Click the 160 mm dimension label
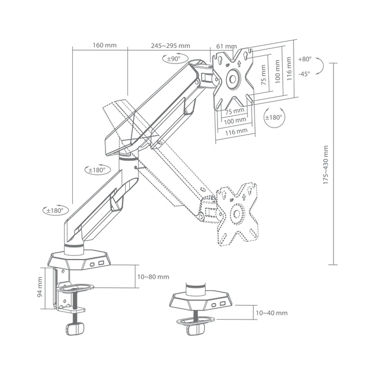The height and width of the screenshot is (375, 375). [104, 45]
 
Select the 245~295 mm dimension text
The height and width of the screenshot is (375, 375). [171, 46]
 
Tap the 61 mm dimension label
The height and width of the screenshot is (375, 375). [226, 46]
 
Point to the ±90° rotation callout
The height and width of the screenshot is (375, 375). [175, 58]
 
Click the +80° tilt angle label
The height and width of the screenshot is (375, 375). [305, 59]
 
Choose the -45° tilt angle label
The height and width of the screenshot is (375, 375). [304, 74]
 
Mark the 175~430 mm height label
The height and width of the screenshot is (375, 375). [325, 164]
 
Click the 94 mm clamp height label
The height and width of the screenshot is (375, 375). [40, 287]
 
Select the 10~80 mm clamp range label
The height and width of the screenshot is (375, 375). [153, 277]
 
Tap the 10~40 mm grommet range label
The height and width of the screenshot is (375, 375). [272, 313]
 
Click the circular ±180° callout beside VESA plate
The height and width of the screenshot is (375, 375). [274, 117]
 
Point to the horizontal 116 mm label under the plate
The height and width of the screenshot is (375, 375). [236, 132]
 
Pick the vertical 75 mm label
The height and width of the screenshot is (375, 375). [263, 75]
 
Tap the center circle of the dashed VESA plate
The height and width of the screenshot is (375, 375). [237, 213]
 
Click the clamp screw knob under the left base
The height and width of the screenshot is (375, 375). [75, 328]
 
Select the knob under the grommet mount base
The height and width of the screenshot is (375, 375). [196, 329]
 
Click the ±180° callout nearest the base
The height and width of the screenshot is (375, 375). [56, 211]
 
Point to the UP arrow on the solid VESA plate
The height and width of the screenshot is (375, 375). [239, 63]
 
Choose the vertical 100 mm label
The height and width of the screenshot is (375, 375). [277, 72]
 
